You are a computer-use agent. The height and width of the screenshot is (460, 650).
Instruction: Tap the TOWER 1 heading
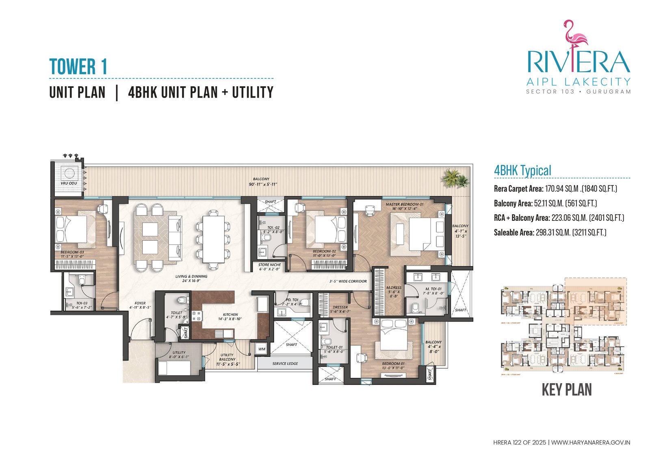tap(78, 67)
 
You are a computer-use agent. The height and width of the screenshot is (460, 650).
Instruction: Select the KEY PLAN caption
tap(567, 390)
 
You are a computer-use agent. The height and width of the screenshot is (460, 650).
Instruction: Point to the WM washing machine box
tap(262, 349)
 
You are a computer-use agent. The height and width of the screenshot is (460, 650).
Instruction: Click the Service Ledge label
tap(285, 364)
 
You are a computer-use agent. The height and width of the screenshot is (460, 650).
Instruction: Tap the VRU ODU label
tap(69, 183)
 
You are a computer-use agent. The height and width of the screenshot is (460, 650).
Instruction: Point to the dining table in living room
tap(213, 239)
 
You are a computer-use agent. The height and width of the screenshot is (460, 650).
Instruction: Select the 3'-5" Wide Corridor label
tap(348, 281)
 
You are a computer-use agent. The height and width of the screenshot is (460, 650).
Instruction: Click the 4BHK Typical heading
tap(522, 170)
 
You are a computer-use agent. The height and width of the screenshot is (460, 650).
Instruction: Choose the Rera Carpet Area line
tap(555, 189)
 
